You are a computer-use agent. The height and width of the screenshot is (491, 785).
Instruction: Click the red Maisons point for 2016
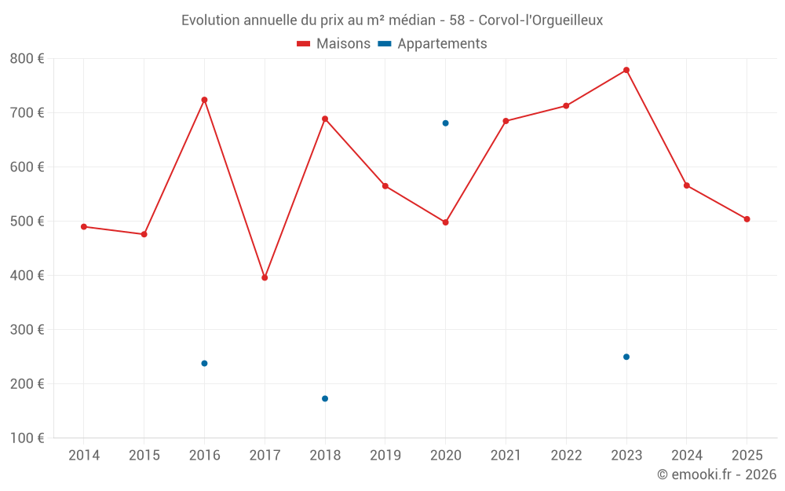(x=204, y=100)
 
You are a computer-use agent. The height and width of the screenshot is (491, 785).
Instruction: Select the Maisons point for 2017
(x=265, y=277)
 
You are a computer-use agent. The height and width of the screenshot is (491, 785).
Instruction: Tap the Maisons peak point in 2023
(x=626, y=70)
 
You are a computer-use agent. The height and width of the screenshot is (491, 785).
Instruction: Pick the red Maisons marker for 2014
(x=84, y=226)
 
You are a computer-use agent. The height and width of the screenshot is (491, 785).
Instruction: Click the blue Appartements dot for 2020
(x=445, y=123)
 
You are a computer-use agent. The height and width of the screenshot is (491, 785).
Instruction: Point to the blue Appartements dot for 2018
(x=325, y=398)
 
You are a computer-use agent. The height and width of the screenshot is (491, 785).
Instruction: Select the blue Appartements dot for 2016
(x=204, y=363)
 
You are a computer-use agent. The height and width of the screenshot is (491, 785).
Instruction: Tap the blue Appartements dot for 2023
(x=626, y=357)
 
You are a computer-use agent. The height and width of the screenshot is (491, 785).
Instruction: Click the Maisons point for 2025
(x=747, y=219)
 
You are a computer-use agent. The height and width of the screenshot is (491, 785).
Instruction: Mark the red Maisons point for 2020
(x=445, y=222)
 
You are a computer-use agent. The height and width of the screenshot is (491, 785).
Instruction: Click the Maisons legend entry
(x=334, y=44)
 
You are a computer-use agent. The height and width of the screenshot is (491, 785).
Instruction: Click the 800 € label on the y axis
(x=27, y=59)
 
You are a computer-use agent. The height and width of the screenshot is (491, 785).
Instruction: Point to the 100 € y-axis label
(x=27, y=438)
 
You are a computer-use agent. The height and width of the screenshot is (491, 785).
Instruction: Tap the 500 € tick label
(x=27, y=222)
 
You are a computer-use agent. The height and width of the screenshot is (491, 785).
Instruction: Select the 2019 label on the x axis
(x=385, y=456)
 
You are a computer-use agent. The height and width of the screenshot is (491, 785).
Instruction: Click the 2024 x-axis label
(x=687, y=456)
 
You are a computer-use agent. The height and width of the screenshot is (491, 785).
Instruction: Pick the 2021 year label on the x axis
(x=506, y=456)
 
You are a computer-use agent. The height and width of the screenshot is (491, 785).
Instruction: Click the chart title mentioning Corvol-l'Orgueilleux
(x=392, y=20)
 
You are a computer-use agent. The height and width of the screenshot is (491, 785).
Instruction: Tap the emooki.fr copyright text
(x=717, y=475)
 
